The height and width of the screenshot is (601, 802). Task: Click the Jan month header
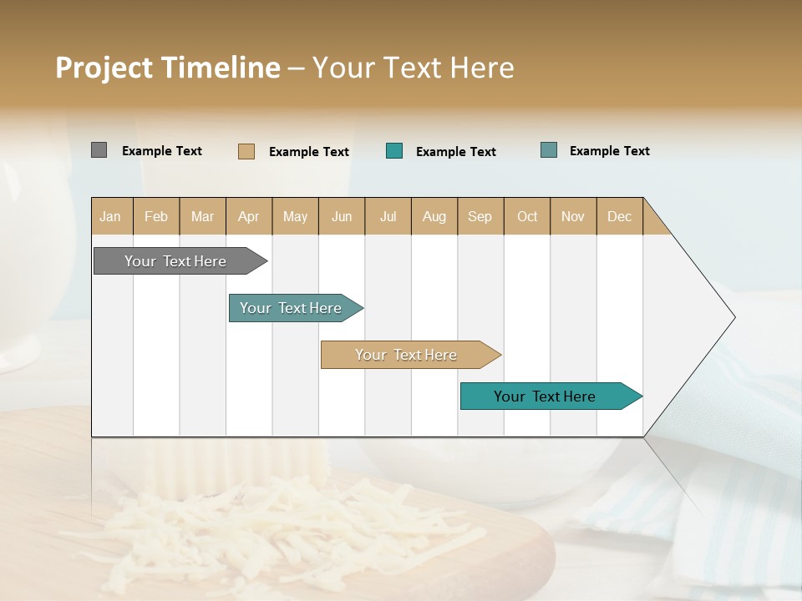pyautogui.click(x=111, y=216)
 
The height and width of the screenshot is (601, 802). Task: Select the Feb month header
pyautogui.click(x=156, y=216)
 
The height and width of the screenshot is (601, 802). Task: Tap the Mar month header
pyautogui.click(x=202, y=216)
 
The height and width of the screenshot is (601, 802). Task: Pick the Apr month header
pyautogui.click(x=249, y=216)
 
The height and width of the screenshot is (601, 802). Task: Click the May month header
pyautogui.click(x=295, y=216)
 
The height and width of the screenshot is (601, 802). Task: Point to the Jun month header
pyautogui.click(x=342, y=216)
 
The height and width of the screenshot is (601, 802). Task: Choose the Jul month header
pyautogui.click(x=388, y=216)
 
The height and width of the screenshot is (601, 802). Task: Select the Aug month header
pyautogui.click(x=434, y=216)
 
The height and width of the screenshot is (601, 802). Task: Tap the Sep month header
pyautogui.click(x=480, y=216)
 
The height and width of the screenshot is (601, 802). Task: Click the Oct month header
pyautogui.click(x=527, y=216)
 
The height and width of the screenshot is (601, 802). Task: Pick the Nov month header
pyautogui.click(x=573, y=216)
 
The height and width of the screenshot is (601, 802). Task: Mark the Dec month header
pyautogui.click(x=620, y=216)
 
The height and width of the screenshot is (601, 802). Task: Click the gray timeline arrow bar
pyautogui.click(x=176, y=261)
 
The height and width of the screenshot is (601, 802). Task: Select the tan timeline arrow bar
pyautogui.click(x=407, y=355)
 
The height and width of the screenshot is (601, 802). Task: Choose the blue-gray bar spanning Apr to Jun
pyautogui.click(x=292, y=308)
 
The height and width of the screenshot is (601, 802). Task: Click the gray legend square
pyautogui.click(x=99, y=150)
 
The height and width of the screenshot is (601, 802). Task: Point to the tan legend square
pyautogui.click(x=246, y=151)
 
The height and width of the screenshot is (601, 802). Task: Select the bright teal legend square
pyautogui.click(x=394, y=151)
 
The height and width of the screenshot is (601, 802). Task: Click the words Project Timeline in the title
pyautogui.click(x=167, y=68)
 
